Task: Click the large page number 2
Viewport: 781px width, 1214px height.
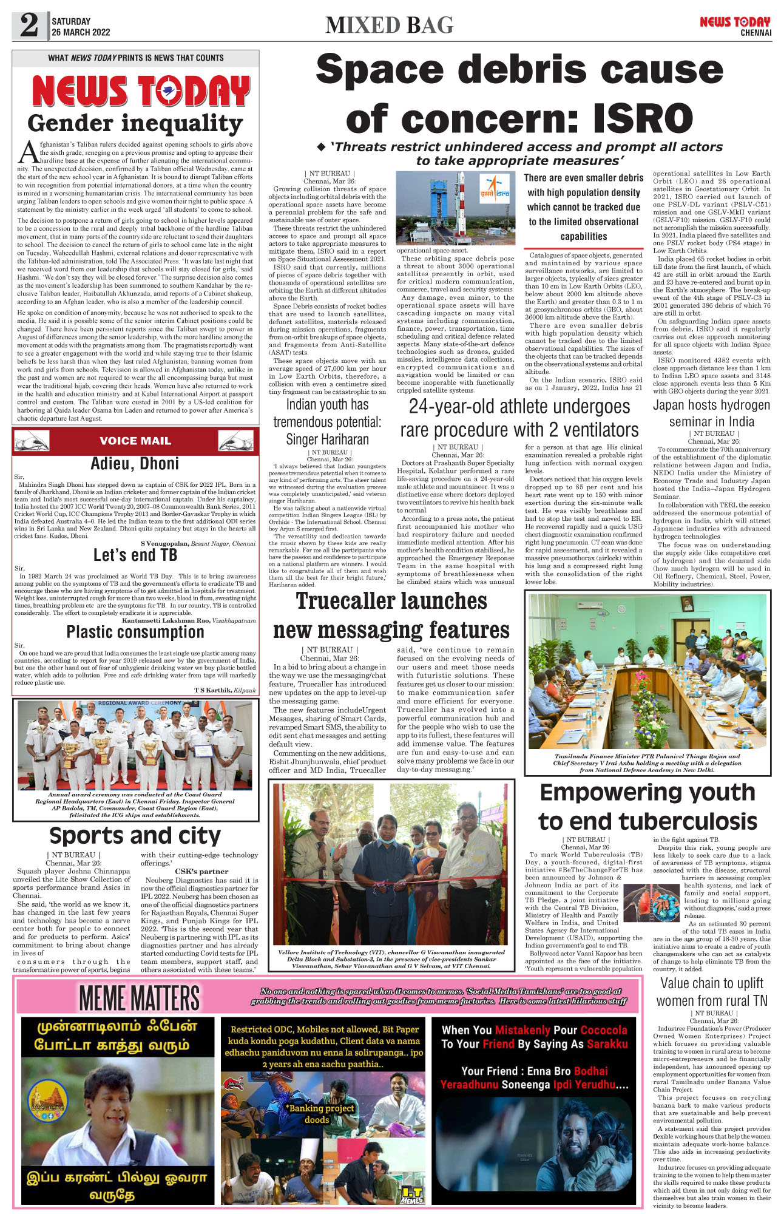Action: pyautogui.click(x=29, y=25)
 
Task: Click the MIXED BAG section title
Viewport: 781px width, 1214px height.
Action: pyautogui.click(x=389, y=25)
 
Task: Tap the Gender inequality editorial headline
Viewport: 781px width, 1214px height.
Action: pyautogui.click(x=135, y=123)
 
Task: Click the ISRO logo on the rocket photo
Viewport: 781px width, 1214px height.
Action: pyautogui.click(x=495, y=189)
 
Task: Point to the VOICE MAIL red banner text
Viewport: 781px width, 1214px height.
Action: pyautogui.click(x=135, y=441)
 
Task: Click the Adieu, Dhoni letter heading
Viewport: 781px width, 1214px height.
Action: pyautogui.click(x=135, y=464)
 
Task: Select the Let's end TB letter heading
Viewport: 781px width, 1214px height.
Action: pyautogui.click(x=135, y=555)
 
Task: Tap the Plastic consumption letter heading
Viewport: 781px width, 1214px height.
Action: pyautogui.click(x=135, y=632)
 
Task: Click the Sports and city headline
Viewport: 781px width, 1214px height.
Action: pyautogui.click(x=135, y=836)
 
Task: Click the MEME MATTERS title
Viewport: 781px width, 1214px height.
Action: pyautogui.click(x=139, y=999)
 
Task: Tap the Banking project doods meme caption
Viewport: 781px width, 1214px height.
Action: pyautogui.click(x=321, y=1113)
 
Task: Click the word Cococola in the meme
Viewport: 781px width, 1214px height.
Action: pyautogui.click(x=604, y=1030)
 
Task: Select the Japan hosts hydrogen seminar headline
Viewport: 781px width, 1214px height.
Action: pyautogui.click(x=711, y=413)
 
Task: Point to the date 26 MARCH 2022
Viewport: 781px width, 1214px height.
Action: pyautogui.click(x=81, y=32)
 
